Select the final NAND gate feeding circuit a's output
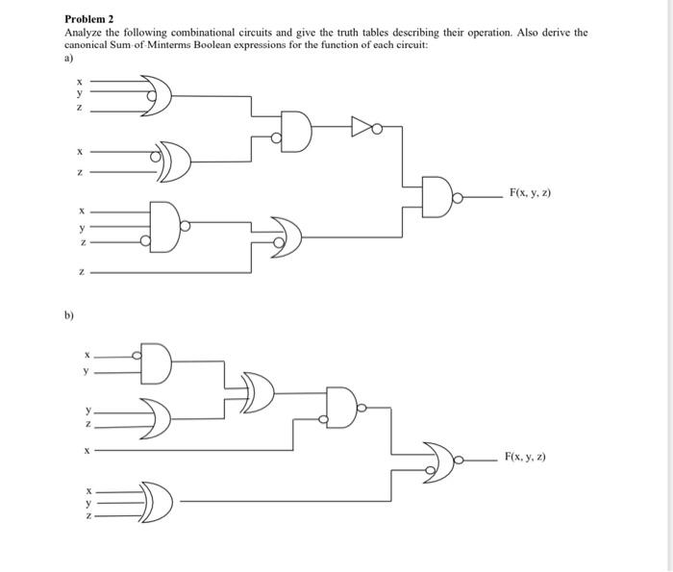[438, 195]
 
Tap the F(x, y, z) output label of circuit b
[526, 458]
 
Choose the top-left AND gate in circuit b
[157, 362]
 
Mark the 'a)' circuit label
[68, 57]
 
